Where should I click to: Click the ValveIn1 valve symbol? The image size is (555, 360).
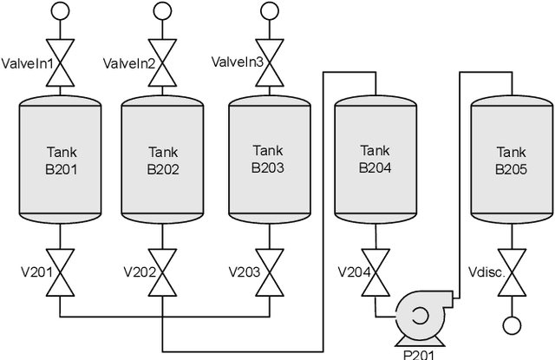59,63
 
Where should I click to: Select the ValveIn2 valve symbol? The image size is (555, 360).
162,63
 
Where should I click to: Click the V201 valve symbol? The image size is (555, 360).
59,272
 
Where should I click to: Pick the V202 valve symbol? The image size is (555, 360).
162,272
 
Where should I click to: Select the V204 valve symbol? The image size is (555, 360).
375,272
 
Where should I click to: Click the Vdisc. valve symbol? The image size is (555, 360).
511,272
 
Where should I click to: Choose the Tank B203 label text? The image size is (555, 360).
267,160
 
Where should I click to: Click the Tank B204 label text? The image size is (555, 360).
375,160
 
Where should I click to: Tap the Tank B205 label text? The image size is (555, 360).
511,160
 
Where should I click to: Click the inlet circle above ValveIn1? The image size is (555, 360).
59,11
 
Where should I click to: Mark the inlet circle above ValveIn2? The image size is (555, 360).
162,11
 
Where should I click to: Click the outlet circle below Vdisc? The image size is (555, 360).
511,325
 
